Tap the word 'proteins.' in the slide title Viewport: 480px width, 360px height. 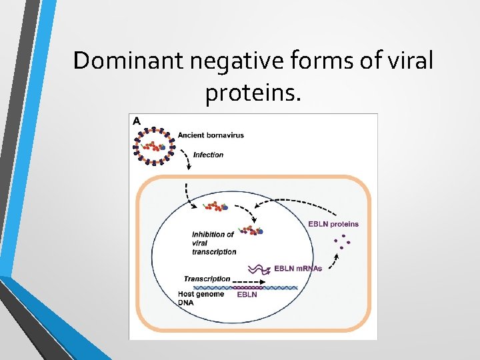click(x=253, y=93)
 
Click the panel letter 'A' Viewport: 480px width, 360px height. click(x=136, y=121)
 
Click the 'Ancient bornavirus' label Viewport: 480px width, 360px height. click(x=211, y=135)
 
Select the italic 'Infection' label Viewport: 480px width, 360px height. click(x=208, y=155)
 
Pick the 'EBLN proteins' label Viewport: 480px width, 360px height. click(x=333, y=224)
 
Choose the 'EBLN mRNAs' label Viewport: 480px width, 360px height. click(x=298, y=269)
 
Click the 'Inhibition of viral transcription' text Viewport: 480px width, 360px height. click(x=213, y=243)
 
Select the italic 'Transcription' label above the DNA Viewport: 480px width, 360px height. click(x=207, y=279)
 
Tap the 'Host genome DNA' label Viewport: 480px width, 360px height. click(x=201, y=298)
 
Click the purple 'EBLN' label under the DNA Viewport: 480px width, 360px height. click(x=247, y=295)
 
